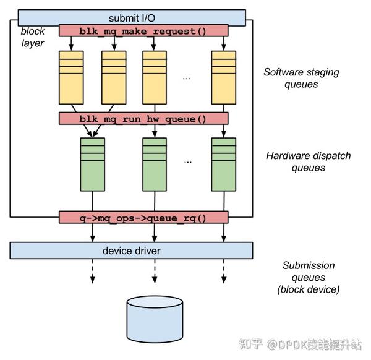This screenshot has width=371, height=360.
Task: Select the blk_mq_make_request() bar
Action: click(143, 30)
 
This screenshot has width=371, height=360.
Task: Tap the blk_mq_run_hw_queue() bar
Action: click(143, 119)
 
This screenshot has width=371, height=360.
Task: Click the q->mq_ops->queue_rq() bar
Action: click(143, 218)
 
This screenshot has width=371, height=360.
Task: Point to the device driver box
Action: click(131, 251)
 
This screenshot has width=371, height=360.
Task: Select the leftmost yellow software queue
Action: click(71, 77)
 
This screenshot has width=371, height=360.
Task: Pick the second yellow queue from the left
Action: click(114, 77)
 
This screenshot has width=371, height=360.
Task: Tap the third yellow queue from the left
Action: click(155, 77)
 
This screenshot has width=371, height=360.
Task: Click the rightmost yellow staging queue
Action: click(224, 77)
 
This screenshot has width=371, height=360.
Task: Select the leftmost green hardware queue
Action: click(93, 164)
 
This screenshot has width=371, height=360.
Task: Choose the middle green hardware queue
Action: click(155, 164)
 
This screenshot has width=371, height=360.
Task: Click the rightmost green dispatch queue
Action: click(224, 164)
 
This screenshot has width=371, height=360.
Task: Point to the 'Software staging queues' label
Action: click(301, 78)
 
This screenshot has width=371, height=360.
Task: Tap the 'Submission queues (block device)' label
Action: click(309, 277)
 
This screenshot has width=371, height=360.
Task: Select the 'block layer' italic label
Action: click(32, 37)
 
